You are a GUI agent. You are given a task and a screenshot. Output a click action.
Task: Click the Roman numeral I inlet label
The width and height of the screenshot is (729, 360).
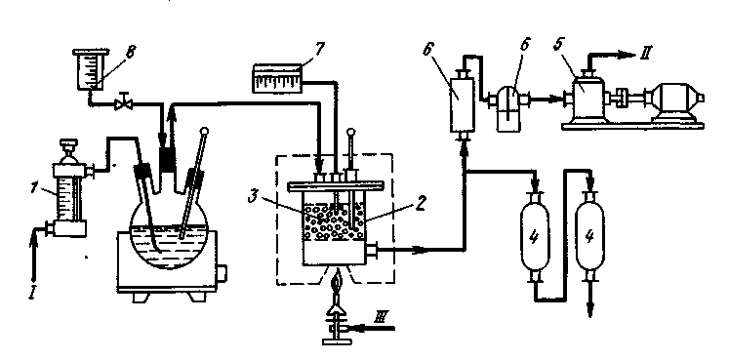tap(32, 293)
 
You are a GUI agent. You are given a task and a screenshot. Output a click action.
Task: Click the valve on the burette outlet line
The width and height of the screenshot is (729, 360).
tap(124, 103)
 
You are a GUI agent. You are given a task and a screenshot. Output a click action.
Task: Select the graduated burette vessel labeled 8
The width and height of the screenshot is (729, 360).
tap(91, 68)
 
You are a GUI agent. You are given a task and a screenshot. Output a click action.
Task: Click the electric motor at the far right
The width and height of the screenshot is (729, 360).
tap(675, 102)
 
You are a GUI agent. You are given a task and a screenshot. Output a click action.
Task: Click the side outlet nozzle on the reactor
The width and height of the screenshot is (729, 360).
tap(371, 251)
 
